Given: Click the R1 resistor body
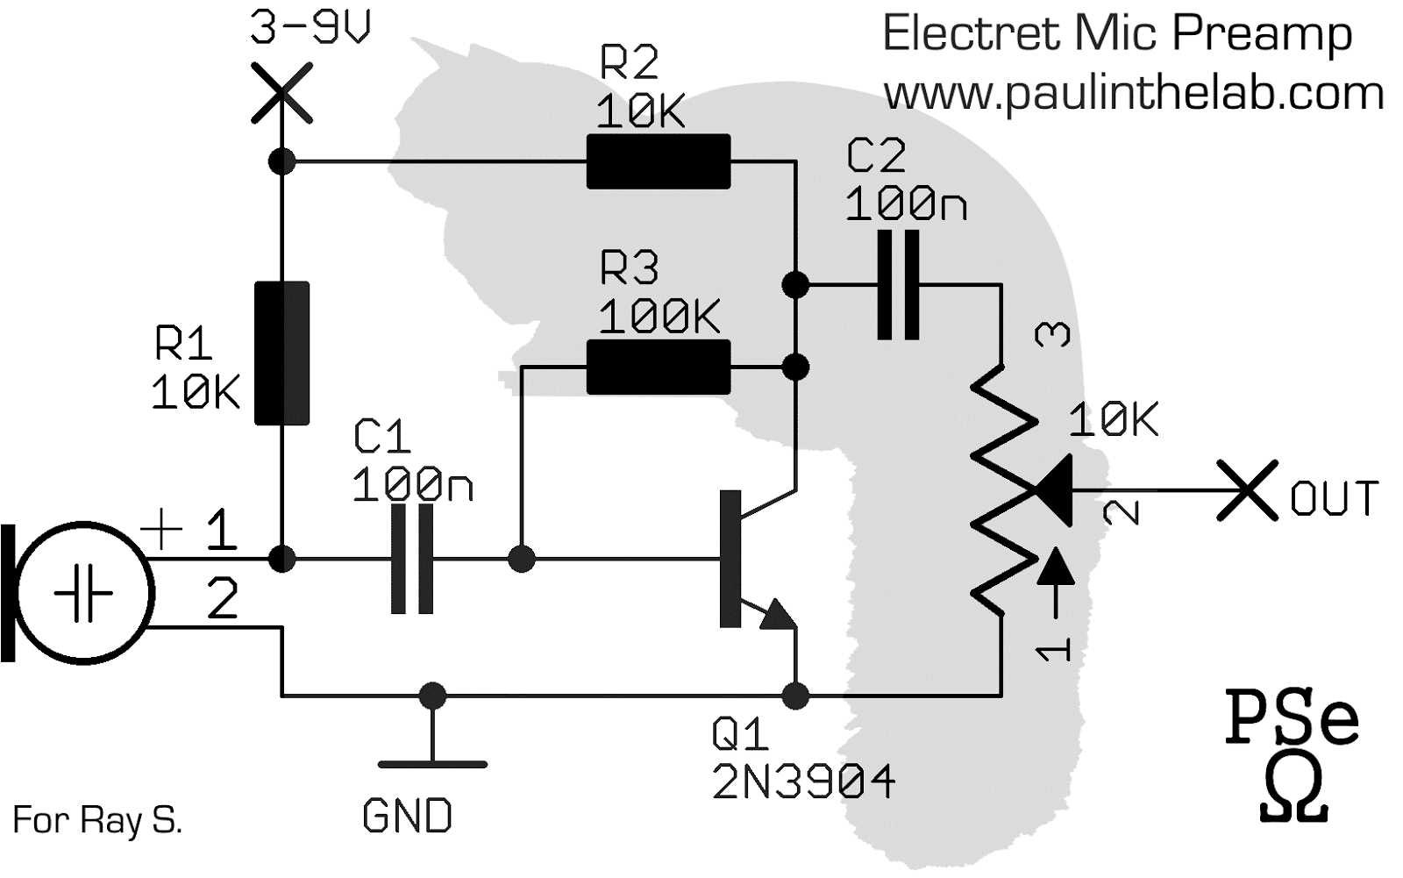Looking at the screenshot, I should [x=281, y=353].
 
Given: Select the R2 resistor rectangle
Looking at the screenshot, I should [x=658, y=161].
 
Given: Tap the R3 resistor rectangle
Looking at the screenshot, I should [x=658, y=367].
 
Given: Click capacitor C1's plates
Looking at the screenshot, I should [x=411, y=559].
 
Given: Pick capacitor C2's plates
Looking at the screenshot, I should [x=899, y=285].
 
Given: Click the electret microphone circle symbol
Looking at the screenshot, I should [x=85, y=594].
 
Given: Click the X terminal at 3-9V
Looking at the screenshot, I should [x=281, y=92].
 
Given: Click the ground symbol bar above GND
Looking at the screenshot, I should [x=432, y=764].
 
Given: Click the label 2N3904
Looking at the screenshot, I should [x=803, y=782].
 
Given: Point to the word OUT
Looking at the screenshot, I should [x=1334, y=498].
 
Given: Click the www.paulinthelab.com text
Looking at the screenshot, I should [x=1133, y=93].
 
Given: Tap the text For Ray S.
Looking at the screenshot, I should [x=97, y=820].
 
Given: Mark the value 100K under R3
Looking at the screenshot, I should [x=659, y=316].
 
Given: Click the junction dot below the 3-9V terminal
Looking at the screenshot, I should [x=281, y=161].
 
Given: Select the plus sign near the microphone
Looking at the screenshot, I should [x=162, y=529].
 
